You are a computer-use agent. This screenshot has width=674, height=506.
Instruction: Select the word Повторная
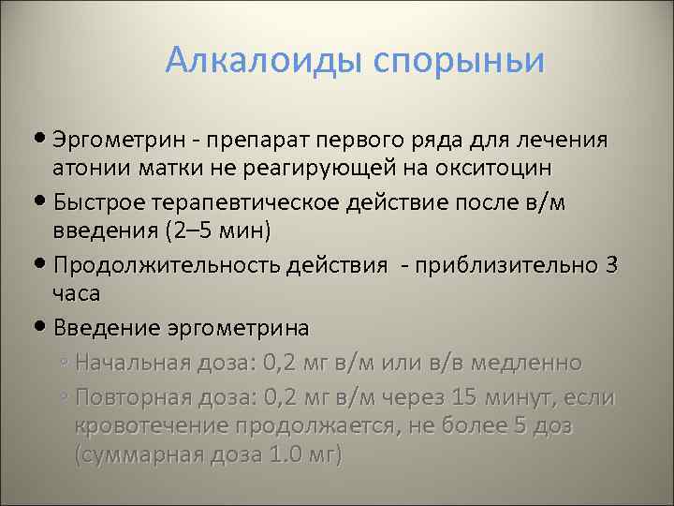(134, 397)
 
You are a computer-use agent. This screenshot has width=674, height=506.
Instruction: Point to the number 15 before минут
(469, 397)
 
